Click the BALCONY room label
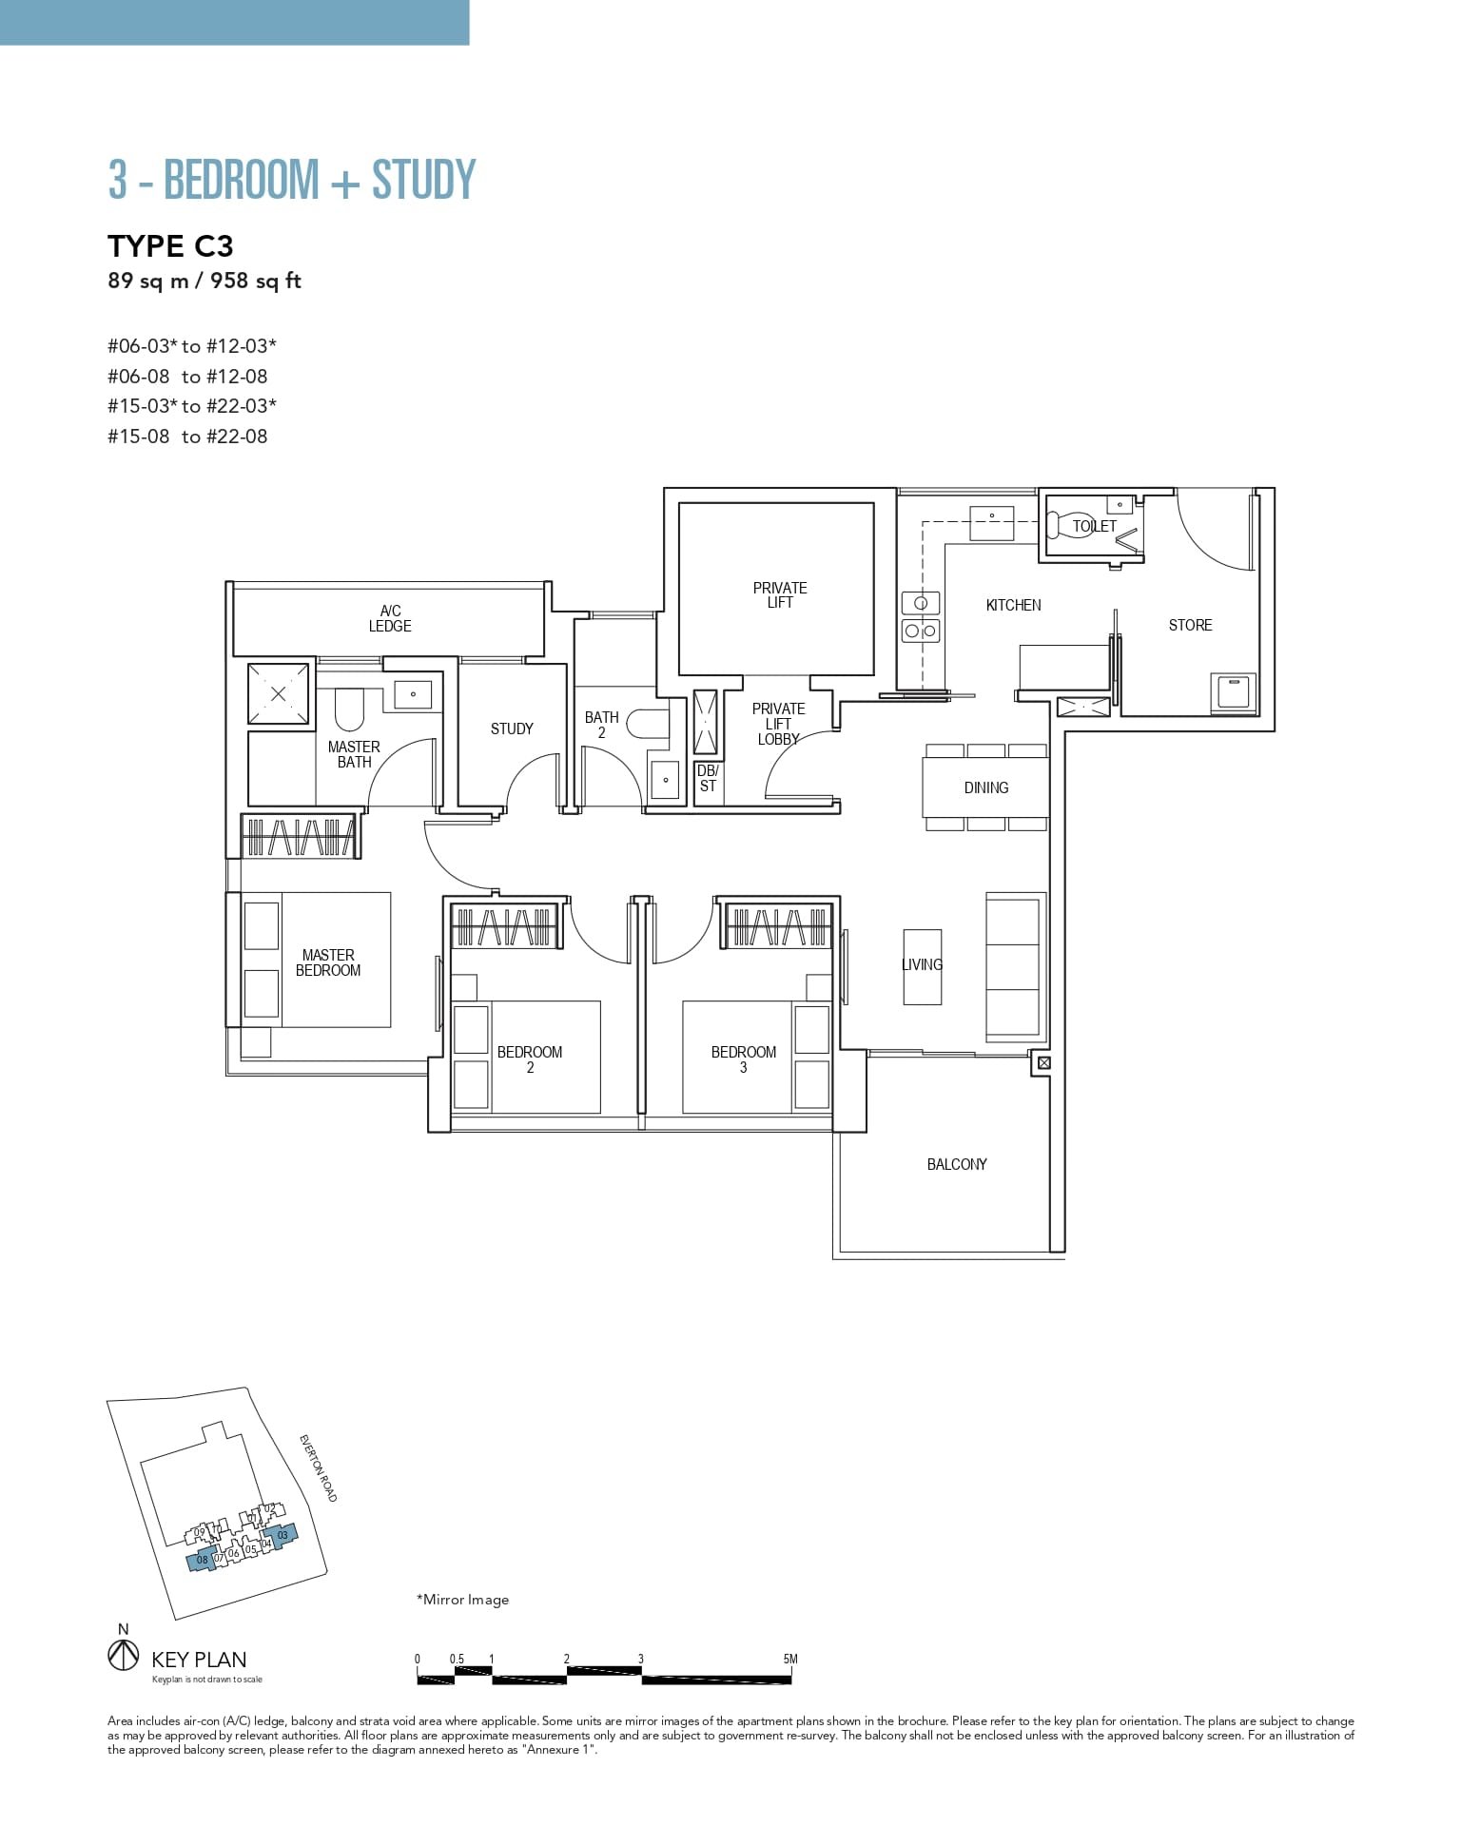[x=956, y=1164]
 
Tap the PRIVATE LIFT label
[x=779, y=595]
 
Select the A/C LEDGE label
[x=390, y=618]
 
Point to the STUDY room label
[x=512, y=728]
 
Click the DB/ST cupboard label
[x=707, y=778]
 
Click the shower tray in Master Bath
[x=278, y=694]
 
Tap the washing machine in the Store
[x=1234, y=691]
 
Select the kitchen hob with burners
[x=920, y=617]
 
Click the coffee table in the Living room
[x=922, y=966]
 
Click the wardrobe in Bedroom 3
[x=777, y=925]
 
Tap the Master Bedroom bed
[x=328, y=960]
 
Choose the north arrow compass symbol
[x=123, y=1656]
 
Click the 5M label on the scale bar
[x=789, y=1659]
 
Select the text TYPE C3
[x=170, y=246]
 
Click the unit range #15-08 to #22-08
[x=187, y=437]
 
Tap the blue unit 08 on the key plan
[x=201, y=1560]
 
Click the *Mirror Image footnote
[x=463, y=1600]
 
